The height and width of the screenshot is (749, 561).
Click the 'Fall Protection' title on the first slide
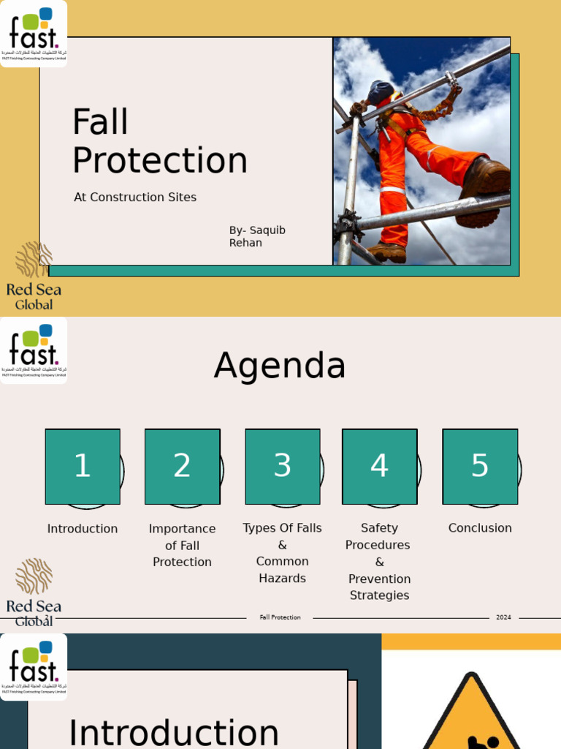point(159,141)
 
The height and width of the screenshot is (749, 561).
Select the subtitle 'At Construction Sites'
point(135,197)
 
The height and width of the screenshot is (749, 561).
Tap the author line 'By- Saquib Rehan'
point(257,236)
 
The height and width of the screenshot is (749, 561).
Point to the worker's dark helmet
point(381,91)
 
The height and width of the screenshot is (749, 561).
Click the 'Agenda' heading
point(280,366)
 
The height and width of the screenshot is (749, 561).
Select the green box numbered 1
point(83,467)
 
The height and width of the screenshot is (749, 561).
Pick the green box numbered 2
point(183,467)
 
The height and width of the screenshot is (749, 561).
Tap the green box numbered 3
point(283,467)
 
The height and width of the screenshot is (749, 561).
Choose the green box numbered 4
point(379,467)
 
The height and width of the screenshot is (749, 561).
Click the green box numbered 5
point(480,467)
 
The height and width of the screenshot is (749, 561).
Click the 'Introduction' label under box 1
point(83,529)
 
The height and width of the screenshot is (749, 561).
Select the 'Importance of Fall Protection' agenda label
point(183,545)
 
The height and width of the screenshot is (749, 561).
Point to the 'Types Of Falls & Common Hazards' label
point(283,553)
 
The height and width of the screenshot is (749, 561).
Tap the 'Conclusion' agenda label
point(480,528)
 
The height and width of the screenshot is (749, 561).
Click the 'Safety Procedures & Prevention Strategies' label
point(379,562)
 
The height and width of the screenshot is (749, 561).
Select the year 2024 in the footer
point(503,617)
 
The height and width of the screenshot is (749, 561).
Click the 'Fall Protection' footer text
point(280,617)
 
